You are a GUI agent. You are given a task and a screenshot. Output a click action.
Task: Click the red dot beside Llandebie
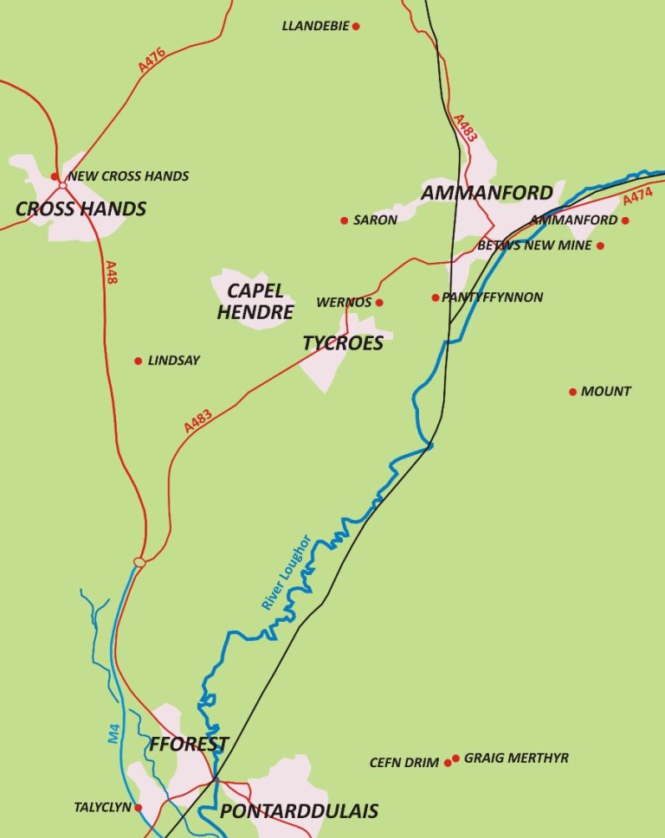pos(356,26)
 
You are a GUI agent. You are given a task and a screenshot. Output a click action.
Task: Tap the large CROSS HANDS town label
pos(81,209)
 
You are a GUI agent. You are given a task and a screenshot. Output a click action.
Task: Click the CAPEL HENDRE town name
pos(255,302)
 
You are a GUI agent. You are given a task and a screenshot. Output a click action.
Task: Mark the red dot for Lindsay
pos(138,361)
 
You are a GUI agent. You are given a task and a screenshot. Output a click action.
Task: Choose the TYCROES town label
pos(343,343)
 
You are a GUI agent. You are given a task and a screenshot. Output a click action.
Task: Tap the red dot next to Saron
pos(344,220)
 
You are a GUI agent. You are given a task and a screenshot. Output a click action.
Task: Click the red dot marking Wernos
pos(379,303)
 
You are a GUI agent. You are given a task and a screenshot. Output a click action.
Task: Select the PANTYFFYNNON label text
pos(493,297)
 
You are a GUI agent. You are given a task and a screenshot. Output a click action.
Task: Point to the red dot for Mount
pos(572,392)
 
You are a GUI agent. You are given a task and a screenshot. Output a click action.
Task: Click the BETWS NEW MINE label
pos(534,246)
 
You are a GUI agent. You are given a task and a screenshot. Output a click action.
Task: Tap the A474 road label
pos(638,197)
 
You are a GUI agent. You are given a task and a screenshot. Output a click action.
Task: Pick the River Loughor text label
pos(286,573)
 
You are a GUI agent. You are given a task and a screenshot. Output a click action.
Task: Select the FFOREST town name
pos(189,745)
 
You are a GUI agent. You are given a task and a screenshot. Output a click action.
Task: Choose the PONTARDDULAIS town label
pos(299,811)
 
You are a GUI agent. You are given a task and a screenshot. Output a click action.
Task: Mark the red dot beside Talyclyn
pos(139,808)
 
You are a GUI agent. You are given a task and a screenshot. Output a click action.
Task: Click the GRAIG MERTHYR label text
pos(516,758)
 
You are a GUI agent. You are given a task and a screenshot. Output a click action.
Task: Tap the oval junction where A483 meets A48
pos(139,563)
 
